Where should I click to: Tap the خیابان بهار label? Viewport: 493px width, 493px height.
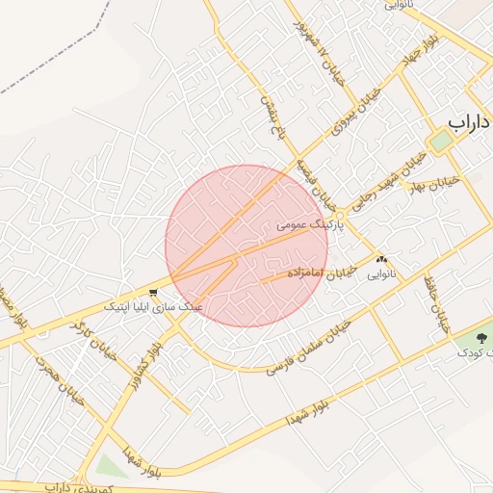click(444, 183)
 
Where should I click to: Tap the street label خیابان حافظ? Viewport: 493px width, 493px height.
click(436, 302)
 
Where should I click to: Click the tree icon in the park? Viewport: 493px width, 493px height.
click(481, 337)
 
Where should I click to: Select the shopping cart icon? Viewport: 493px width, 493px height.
click(154, 292)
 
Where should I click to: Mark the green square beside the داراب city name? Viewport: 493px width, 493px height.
click(440, 141)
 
